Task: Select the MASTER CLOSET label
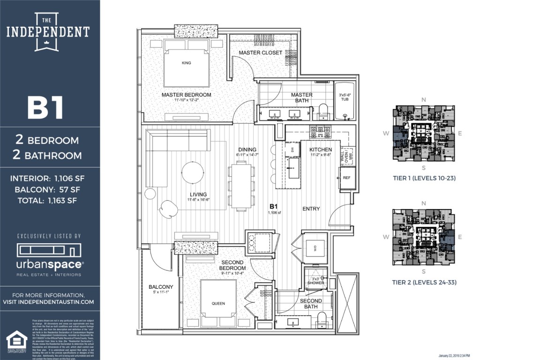[261, 52]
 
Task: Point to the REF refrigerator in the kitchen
[346, 178]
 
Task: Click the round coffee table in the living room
[193, 172]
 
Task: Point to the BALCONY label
[161, 287]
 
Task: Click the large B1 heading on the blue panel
[45, 107]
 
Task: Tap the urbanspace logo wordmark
[50, 264]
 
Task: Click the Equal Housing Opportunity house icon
[16, 338]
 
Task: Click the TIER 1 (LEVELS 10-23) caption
[424, 178]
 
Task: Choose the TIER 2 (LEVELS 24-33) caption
[424, 282]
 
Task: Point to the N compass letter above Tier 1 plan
[424, 100]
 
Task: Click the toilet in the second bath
[322, 320]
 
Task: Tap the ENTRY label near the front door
[311, 209]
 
